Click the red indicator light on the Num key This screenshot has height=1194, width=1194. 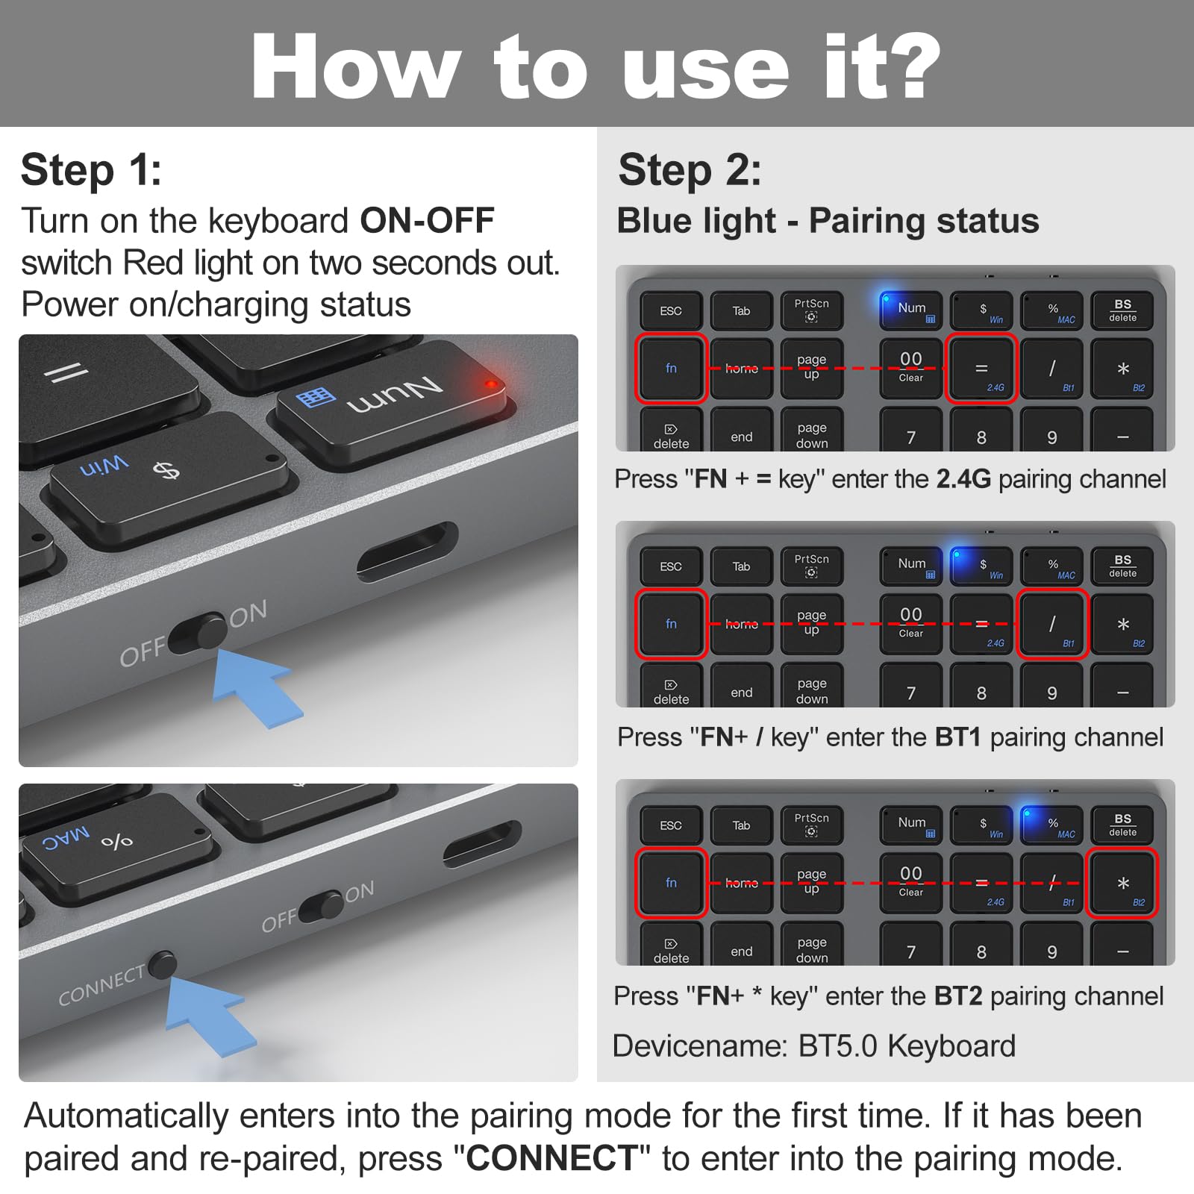[490, 384]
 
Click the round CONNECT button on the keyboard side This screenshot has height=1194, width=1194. [162, 964]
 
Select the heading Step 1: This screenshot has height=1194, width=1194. [91, 170]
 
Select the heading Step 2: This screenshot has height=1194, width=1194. [690, 170]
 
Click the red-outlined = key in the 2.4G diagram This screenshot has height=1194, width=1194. [981, 369]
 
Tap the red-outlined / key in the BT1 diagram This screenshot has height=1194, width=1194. [1051, 625]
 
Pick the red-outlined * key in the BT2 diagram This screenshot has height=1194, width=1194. [1122, 883]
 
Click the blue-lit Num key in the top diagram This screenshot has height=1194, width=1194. [911, 310]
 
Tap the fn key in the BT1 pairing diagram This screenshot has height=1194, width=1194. [671, 625]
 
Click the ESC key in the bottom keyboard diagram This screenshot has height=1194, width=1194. [671, 825]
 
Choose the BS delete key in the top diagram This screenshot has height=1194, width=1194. [1122, 310]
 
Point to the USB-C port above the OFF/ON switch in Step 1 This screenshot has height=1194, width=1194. [407, 552]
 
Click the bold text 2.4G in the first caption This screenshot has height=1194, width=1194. [963, 479]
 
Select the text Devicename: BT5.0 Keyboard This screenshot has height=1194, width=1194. [813, 1046]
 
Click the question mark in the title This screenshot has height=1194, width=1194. [906, 67]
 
